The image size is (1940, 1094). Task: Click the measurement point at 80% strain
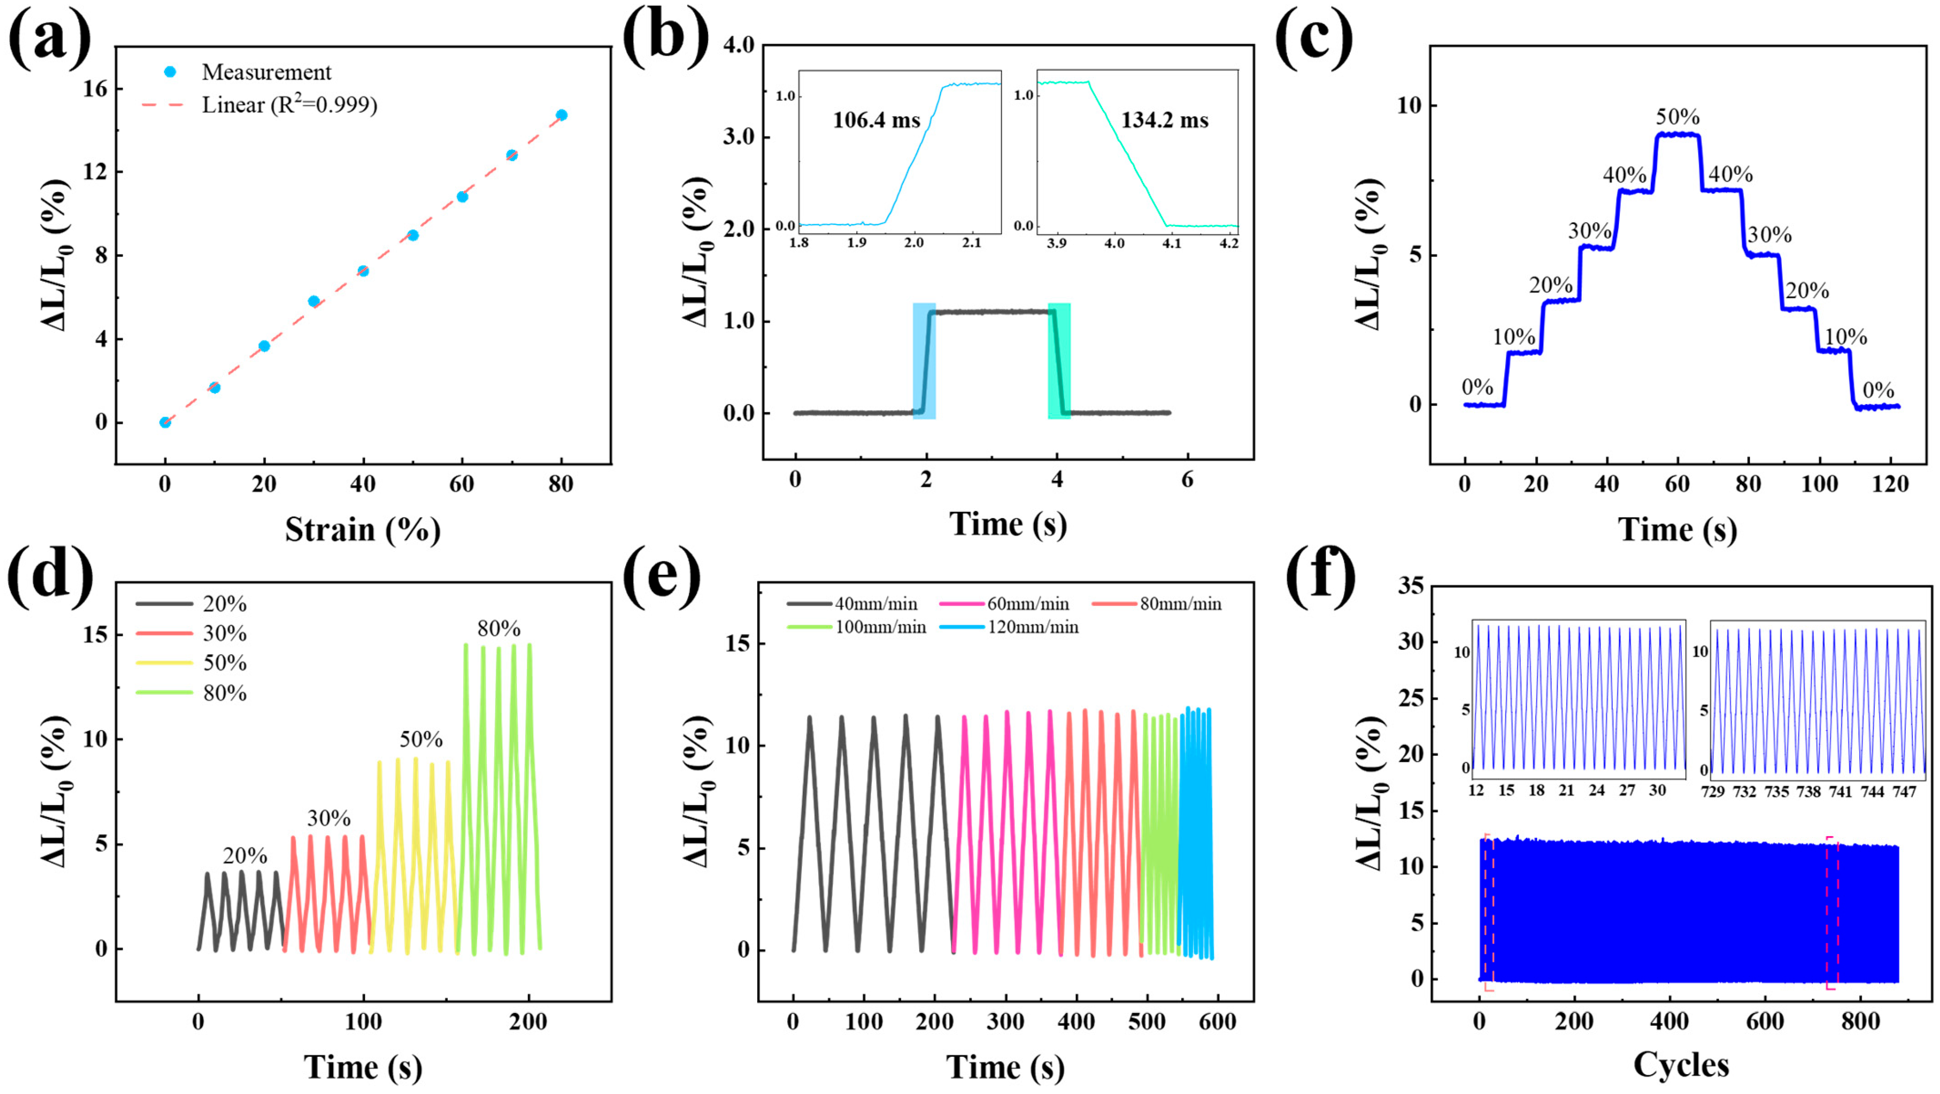[561, 115]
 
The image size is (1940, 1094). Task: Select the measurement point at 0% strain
[165, 423]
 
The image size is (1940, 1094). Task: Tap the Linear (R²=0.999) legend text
[289, 105]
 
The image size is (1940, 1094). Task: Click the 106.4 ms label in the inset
[876, 120]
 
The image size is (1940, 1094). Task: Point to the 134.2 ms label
[1164, 120]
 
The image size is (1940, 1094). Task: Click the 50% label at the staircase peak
[1677, 118]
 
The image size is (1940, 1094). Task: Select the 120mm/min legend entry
[1032, 627]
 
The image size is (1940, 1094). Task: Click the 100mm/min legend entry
[880, 627]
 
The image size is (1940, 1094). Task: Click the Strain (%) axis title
[362, 530]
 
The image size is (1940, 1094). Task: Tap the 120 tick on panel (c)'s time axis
[1890, 484]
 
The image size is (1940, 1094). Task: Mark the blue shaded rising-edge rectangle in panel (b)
[924, 361]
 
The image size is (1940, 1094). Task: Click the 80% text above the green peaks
[499, 629]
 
